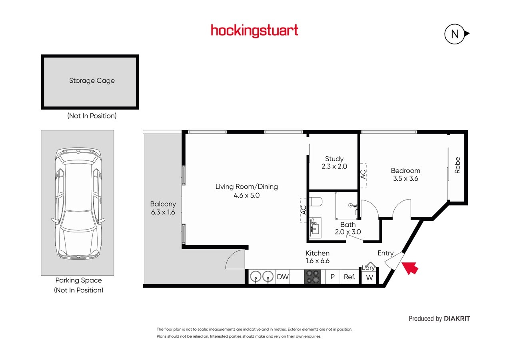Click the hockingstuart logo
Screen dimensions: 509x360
pyautogui.click(x=254, y=31)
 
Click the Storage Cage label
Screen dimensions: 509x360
pyautogui.click(x=92, y=81)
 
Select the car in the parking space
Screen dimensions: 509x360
pyautogui.click(x=78, y=204)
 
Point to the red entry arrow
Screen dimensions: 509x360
pyautogui.click(x=410, y=268)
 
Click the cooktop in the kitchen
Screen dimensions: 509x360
pyautogui.click(x=312, y=276)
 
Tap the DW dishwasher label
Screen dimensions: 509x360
pyautogui.click(x=283, y=277)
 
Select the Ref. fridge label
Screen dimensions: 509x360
pyautogui.click(x=349, y=277)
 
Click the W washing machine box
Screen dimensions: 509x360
pyautogui.click(x=369, y=278)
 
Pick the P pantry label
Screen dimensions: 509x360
pyautogui.click(x=332, y=277)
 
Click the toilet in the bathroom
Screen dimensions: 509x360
pyautogui.click(x=315, y=202)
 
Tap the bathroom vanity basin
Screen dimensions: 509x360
pyautogui.click(x=315, y=228)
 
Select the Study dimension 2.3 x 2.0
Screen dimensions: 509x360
pyautogui.click(x=334, y=166)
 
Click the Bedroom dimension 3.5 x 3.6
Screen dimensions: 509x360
pyautogui.click(x=405, y=179)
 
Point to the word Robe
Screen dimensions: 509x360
pyautogui.click(x=457, y=165)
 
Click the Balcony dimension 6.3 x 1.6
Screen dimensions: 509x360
pyautogui.click(x=163, y=212)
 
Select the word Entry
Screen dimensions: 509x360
pyautogui.click(x=385, y=253)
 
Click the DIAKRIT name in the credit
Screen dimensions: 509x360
pyautogui.click(x=457, y=319)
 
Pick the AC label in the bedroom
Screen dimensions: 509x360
pyautogui.click(x=363, y=174)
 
